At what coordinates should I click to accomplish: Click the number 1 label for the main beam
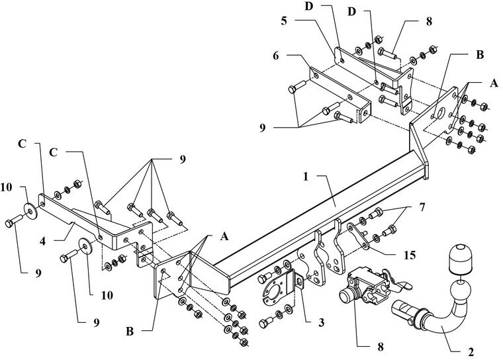tap(306, 177)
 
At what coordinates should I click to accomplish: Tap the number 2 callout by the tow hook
tap(471, 352)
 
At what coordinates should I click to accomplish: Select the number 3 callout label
tap(322, 322)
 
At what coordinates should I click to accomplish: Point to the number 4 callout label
tap(42, 241)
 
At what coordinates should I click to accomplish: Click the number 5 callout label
tap(284, 21)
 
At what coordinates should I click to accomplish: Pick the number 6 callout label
tap(276, 56)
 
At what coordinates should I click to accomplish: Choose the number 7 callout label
tap(422, 208)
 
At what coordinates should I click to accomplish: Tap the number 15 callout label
tap(410, 255)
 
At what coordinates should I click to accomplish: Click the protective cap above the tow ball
tap(461, 258)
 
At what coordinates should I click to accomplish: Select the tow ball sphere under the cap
tap(461, 291)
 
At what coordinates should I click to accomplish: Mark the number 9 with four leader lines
tap(182, 159)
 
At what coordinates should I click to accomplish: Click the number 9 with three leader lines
tap(262, 128)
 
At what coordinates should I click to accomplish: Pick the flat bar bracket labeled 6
tap(340, 95)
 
